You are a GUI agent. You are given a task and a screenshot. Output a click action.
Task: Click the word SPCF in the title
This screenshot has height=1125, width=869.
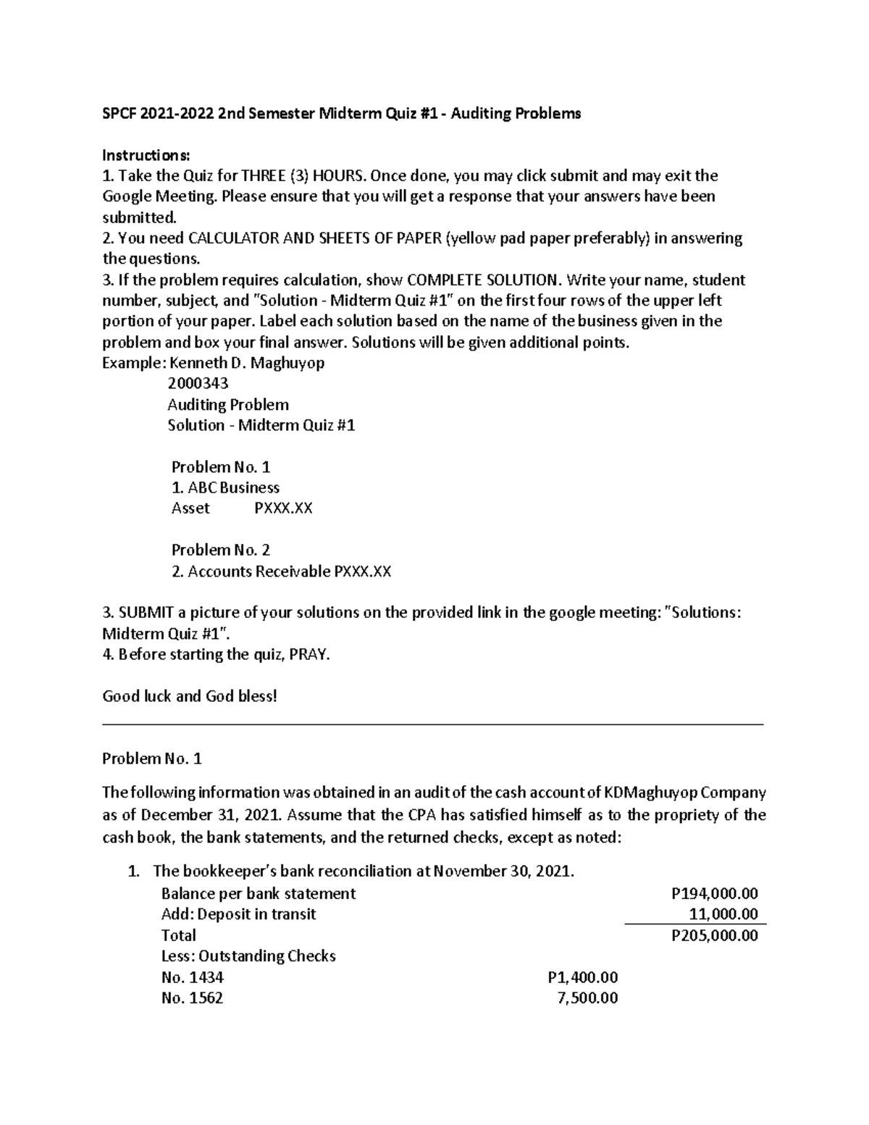click(119, 114)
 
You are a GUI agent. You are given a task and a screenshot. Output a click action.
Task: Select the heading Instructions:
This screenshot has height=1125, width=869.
click(146, 155)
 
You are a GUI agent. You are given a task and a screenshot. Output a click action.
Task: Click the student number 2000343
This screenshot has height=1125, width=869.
click(198, 383)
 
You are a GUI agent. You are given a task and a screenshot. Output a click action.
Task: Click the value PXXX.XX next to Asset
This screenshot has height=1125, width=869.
click(283, 509)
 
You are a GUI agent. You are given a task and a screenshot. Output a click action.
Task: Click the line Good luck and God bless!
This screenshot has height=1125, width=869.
click(190, 696)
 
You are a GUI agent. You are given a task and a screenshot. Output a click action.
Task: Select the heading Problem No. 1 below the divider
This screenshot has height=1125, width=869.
click(152, 758)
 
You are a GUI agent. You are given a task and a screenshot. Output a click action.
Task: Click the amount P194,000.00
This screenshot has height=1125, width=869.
click(715, 894)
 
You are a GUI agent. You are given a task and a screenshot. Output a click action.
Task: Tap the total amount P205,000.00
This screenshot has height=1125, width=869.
click(715, 935)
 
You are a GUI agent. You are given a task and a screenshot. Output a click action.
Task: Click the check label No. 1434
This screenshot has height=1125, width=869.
click(192, 977)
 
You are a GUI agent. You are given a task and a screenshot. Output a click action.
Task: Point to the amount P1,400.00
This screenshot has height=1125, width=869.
click(583, 977)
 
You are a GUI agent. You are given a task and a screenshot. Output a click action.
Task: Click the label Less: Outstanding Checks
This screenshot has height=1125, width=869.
click(248, 956)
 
